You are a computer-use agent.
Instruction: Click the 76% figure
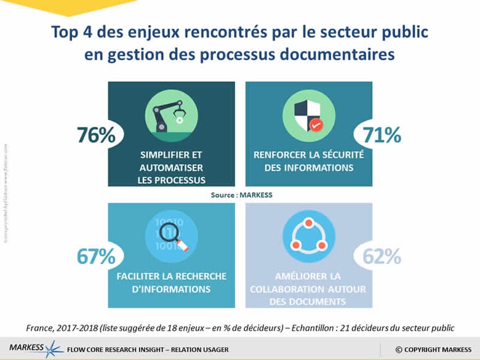(x=96, y=135)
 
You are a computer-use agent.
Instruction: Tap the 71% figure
(x=383, y=134)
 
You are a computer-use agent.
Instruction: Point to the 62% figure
(x=383, y=255)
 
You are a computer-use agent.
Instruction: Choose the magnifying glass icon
(x=171, y=238)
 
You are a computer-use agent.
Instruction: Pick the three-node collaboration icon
(x=308, y=238)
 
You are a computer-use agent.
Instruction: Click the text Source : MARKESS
(x=240, y=194)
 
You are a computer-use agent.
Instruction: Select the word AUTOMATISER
(x=171, y=167)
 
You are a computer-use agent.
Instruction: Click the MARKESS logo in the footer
(x=30, y=348)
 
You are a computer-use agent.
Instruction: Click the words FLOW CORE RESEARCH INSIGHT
(x=120, y=350)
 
